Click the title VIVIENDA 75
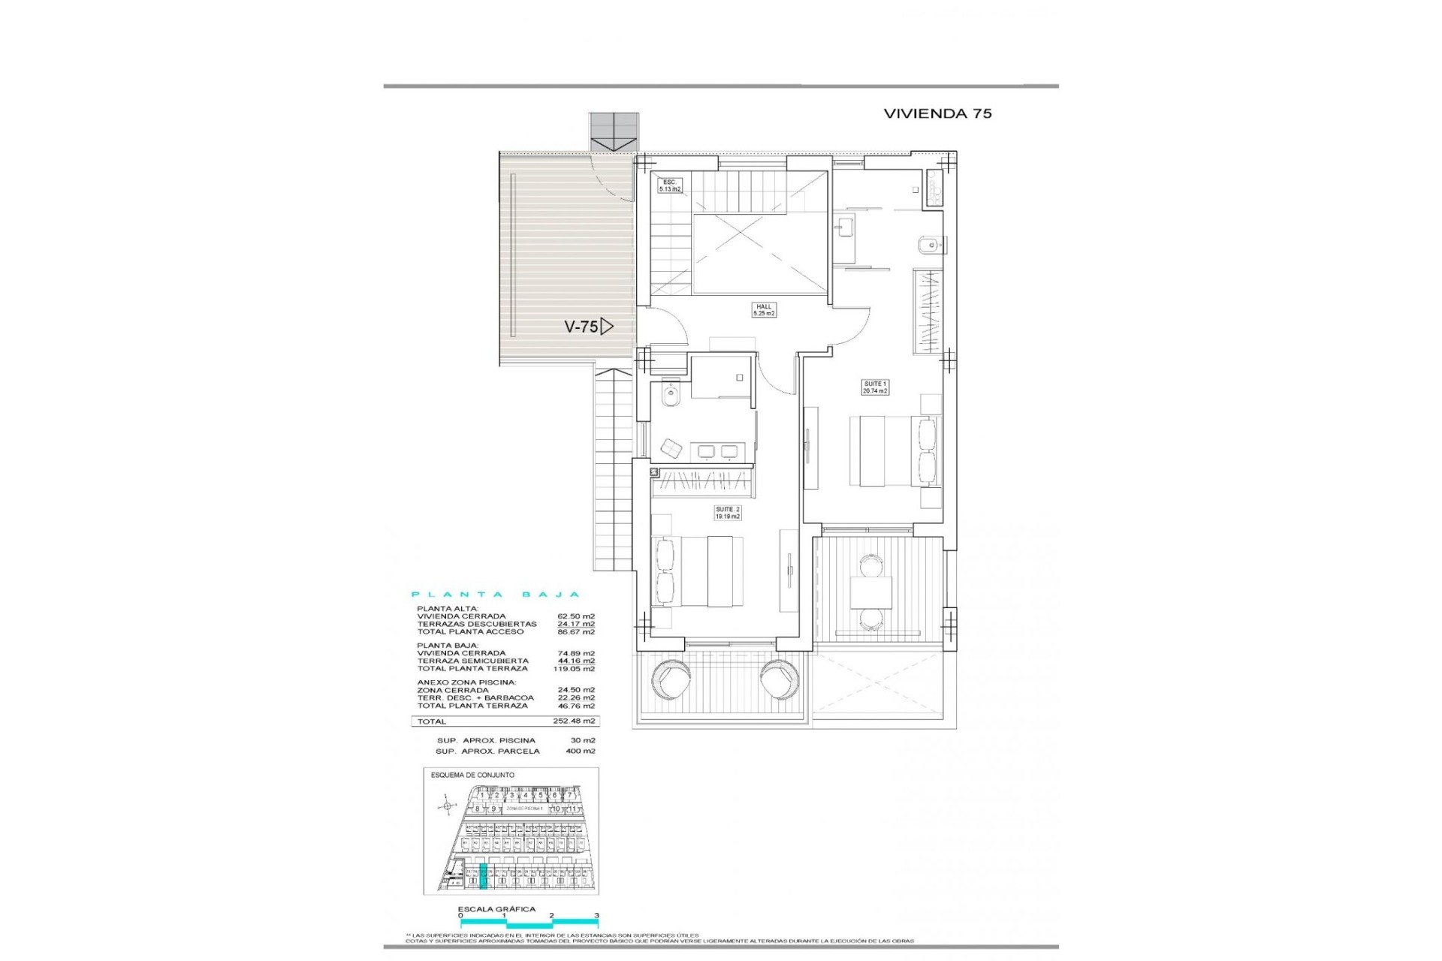(x=937, y=113)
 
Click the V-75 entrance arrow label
(x=588, y=327)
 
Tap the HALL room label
(x=764, y=310)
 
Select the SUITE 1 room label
(x=875, y=387)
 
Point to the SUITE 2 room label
(x=728, y=513)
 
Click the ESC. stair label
(x=669, y=185)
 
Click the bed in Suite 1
(x=886, y=451)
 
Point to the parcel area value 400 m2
(x=580, y=751)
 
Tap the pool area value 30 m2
(x=582, y=740)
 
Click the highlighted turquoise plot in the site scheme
(x=483, y=877)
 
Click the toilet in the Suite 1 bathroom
(x=928, y=244)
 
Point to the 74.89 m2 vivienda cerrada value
(x=580, y=653)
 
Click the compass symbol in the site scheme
(x=448, y=806)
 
